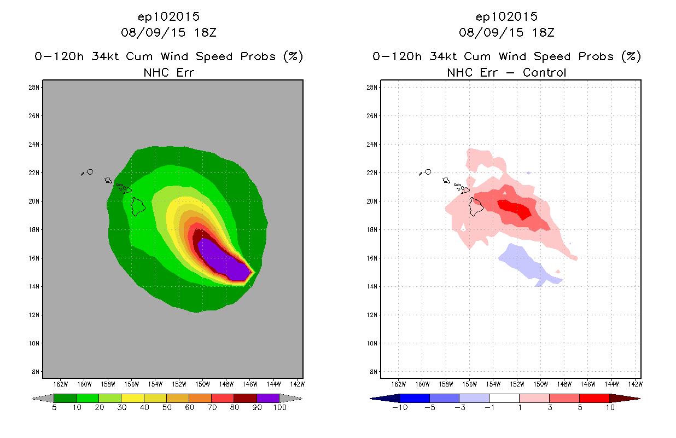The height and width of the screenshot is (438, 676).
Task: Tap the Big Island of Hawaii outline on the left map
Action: (x=138, y=206)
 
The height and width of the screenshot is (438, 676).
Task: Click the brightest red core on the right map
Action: (x=515, y=209)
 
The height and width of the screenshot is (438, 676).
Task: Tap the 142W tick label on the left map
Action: (x=296, y=383)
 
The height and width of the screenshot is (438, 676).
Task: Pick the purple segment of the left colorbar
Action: (x=268, y=398)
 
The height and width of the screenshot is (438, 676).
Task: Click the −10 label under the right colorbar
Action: (x=399, y=408)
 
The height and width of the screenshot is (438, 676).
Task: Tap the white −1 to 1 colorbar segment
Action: (x=504, y=398)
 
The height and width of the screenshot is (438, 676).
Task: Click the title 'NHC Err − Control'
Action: (x=506, y=72)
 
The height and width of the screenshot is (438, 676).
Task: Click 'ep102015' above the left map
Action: (x=168, y=17)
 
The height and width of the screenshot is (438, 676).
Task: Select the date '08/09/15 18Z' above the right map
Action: (x=506, y=33)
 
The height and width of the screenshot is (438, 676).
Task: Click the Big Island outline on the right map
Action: (x=476, y=206)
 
